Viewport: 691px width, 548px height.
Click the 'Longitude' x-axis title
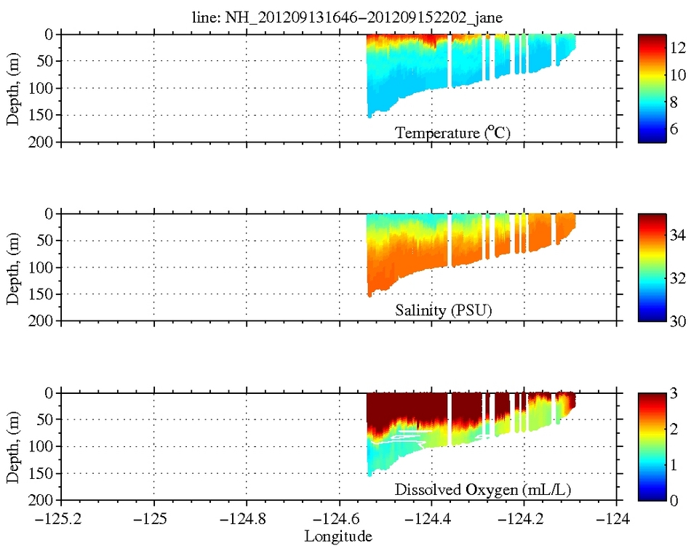click(339, 537)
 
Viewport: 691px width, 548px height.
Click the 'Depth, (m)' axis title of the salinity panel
click(13, 267)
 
